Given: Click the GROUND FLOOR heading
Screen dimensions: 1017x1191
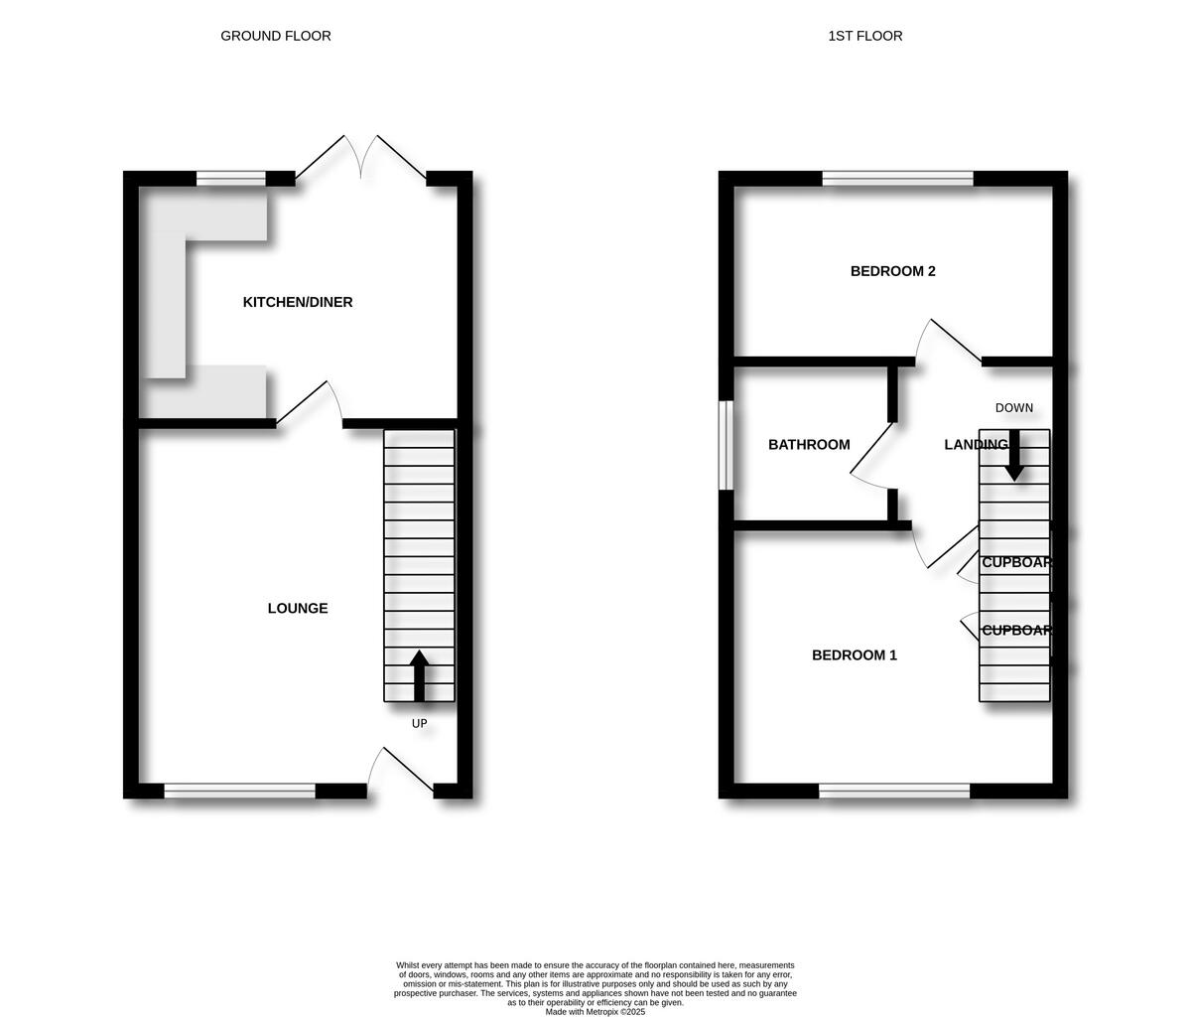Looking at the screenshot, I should (276, 36).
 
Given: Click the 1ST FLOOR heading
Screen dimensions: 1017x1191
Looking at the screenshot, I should (865, 36).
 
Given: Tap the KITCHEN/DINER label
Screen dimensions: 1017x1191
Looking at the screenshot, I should (298, 302).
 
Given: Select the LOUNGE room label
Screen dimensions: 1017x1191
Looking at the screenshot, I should (298, 609).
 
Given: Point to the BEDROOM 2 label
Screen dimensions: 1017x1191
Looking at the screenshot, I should (893, 271).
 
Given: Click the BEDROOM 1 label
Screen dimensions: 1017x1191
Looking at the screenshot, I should (855, 655).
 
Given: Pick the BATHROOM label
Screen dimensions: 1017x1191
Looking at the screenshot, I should (809, 445).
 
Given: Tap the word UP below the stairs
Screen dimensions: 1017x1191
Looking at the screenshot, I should (420, 724).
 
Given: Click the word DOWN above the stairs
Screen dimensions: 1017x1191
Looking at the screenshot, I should (1014, 408).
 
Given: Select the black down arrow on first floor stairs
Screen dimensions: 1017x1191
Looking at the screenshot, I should (1013, 457).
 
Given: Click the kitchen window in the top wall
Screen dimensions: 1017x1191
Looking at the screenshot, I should (231, 179).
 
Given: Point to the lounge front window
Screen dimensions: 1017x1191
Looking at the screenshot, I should (239, 791).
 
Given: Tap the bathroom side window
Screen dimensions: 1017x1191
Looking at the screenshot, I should (727, 445).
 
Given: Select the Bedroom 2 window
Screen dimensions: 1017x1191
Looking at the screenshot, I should (897, 179).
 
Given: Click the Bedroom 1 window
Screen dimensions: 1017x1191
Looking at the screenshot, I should (894, 791).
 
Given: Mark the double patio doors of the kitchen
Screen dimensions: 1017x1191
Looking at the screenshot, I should (361, 159).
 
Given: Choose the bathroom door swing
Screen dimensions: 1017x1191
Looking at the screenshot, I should (871, 457).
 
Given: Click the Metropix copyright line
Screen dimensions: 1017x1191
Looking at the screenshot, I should (595, 1012).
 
